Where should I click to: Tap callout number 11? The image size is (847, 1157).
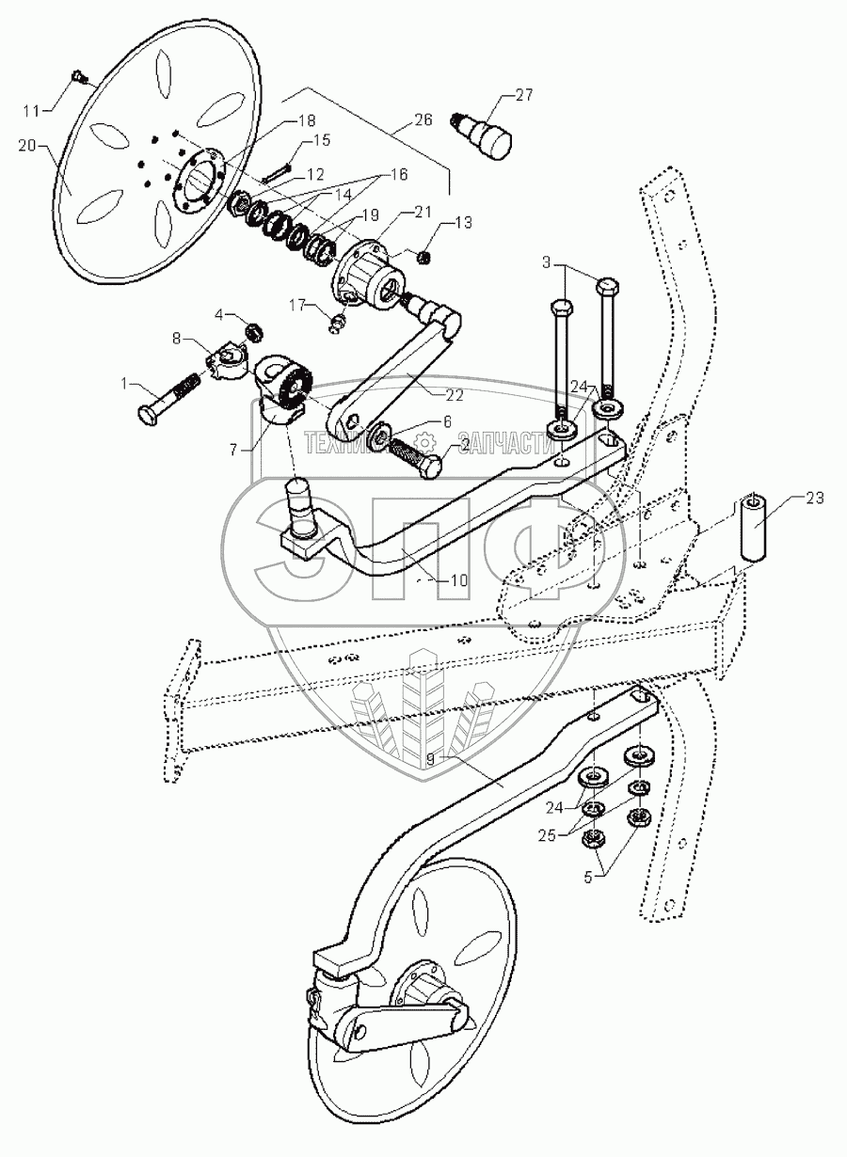(32, 111)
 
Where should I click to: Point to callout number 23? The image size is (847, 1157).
(814, 499)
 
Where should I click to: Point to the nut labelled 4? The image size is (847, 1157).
(251, 330)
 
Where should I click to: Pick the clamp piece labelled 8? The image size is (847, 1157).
(228, 357)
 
